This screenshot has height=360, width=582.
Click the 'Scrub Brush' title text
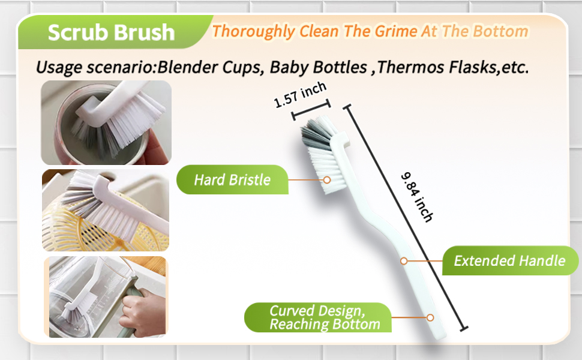click(111, 32)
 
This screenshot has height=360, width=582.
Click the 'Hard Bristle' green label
click(232, 179)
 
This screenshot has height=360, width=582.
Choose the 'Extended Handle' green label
click(510, 260)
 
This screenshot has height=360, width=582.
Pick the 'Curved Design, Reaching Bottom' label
click(318, 317)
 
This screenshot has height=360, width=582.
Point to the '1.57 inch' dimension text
click(300, 95)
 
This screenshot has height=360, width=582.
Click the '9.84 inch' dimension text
click(417, 197)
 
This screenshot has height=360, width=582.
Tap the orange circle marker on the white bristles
click(326, 180)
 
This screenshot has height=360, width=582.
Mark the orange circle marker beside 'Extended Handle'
click(404, 261)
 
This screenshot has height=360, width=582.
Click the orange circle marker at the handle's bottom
click(430, 317)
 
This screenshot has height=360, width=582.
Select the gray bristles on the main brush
click(316, 136)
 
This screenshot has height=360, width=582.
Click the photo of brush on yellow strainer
click(106, 211)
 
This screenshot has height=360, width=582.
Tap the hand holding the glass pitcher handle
click(143, 313)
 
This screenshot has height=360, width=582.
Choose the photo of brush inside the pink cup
click(106, 122)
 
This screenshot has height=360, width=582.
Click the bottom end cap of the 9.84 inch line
click(464, 328)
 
